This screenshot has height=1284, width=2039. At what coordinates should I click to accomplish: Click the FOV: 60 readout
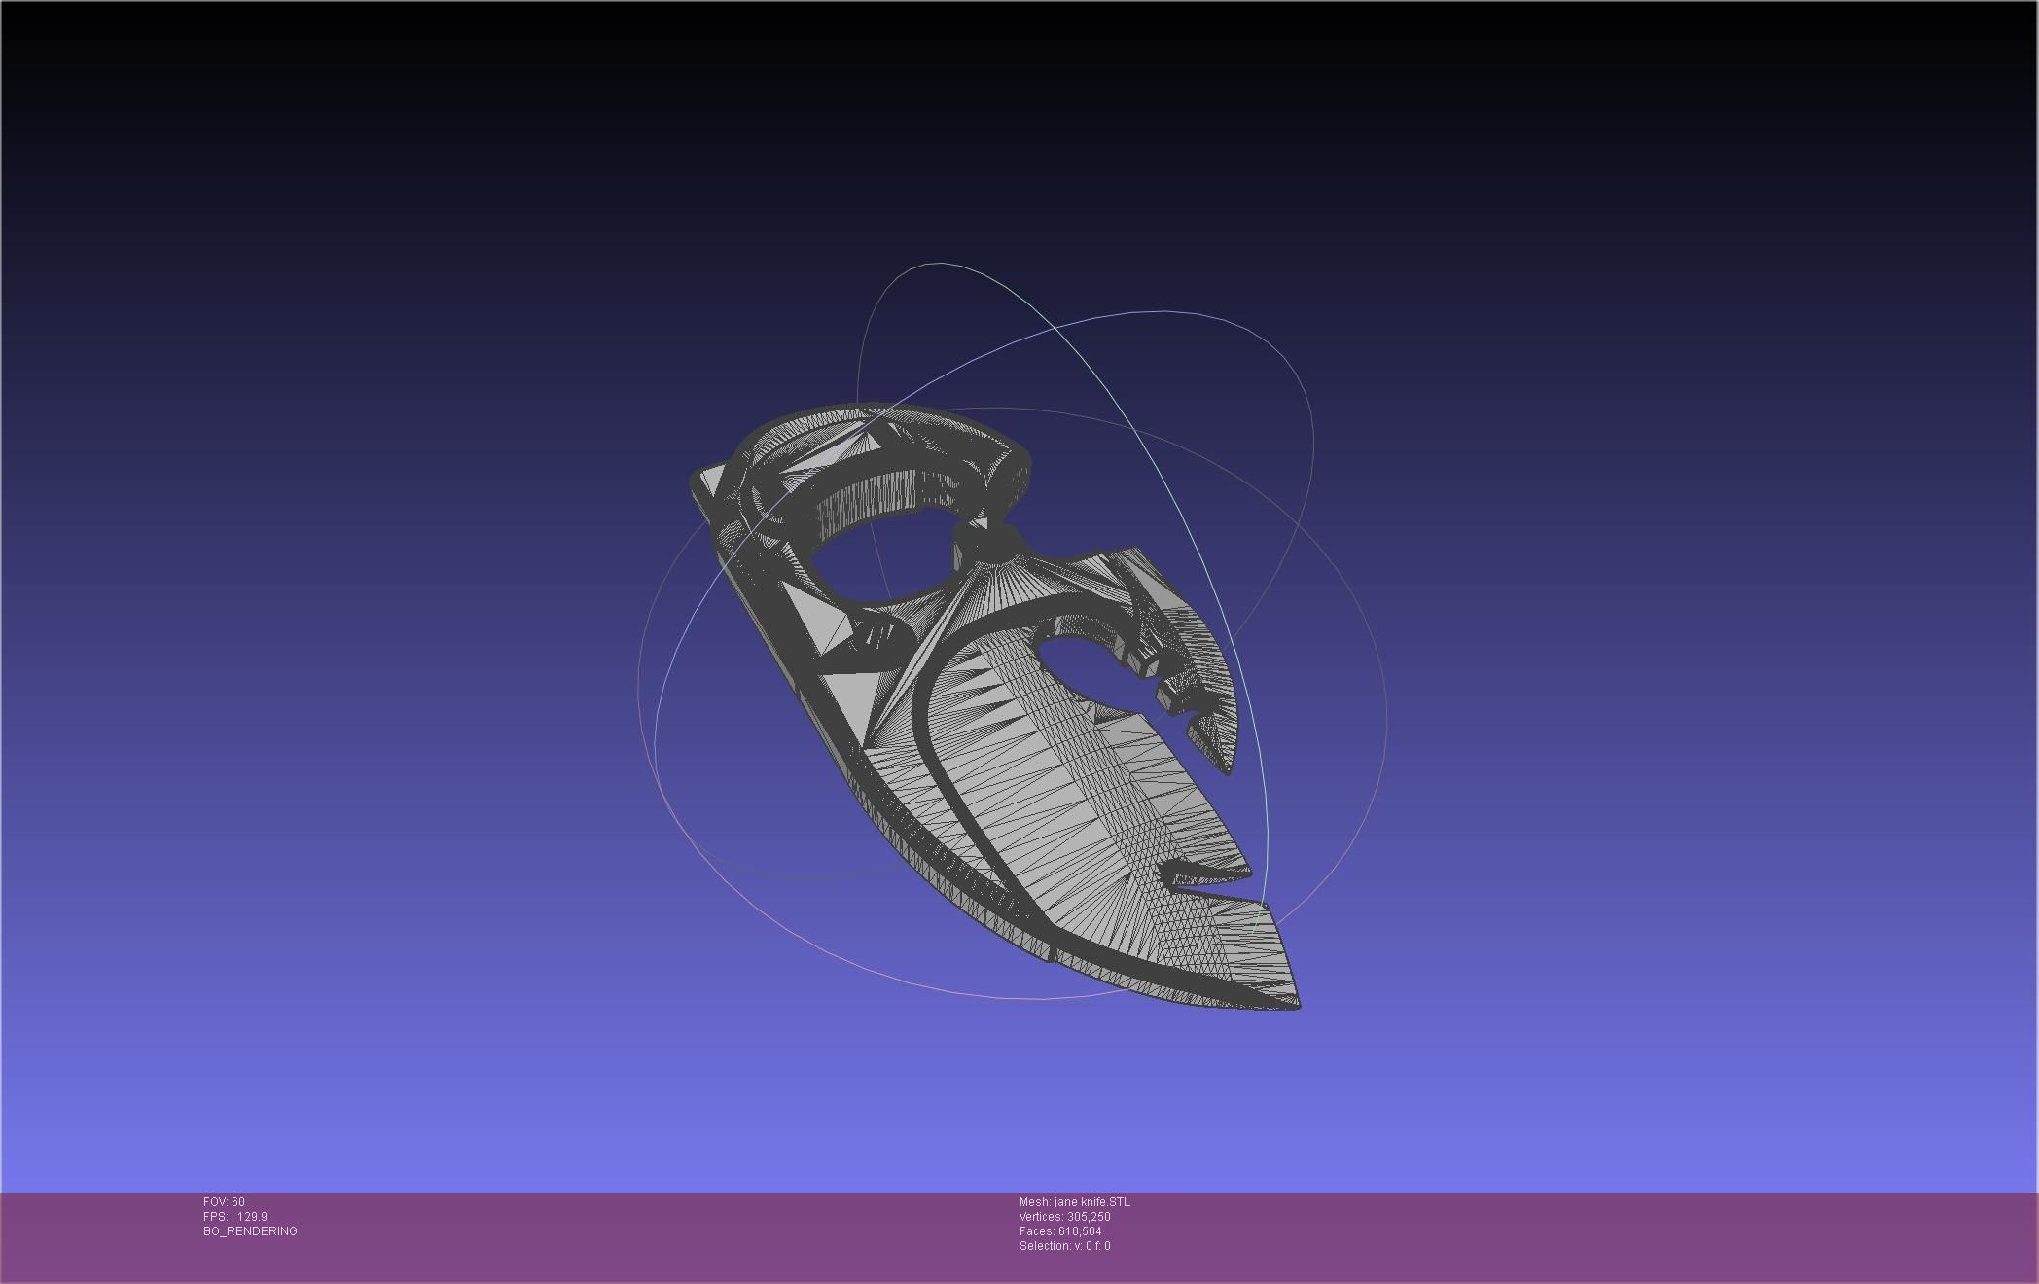pyautogui.click(x=224, y=1202)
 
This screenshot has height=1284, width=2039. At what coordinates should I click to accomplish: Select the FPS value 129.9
pyautogui.click(x=252, y=1217)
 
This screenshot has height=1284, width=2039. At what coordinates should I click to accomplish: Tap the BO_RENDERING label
pyautogui.click(x=250, y=1231)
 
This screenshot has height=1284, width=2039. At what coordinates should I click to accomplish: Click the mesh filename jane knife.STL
pyautogui.click(x=1091, y=1202)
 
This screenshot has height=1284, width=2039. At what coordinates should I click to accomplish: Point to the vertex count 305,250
pyautogui.click(x=1089, y=1217)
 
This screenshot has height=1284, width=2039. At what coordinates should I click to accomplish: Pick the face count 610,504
pyautogui.click(x=1080, y=1231)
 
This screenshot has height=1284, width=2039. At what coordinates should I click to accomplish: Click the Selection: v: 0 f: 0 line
pyautogui.click(x=1064, y=1246)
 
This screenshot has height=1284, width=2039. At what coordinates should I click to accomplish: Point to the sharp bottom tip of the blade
pyautogui.click(x=1297, y=1004)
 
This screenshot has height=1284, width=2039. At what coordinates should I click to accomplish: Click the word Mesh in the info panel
pyautogui.click(x=1034, y=1202)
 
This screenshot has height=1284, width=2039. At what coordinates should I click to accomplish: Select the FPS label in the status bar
pyautogui.click(x=215, y=1217)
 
